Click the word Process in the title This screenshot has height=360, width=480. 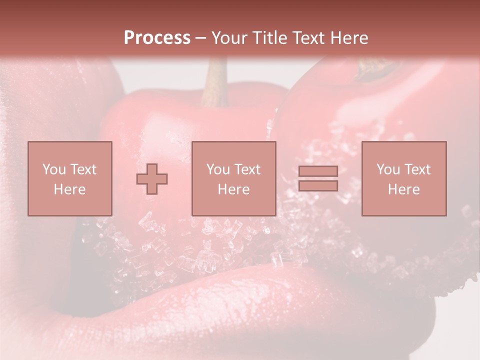click(157, 38)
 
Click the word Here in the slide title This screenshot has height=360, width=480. click(350, 38)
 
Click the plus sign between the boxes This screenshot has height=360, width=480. click(152, 179)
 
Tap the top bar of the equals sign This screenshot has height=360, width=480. click(318, 171)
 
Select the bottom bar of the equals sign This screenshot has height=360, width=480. click(318, 186)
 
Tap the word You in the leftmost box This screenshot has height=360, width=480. click(53, 169)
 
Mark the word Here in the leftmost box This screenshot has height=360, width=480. click(69, 189)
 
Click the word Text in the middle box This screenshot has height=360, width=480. click(247, 169)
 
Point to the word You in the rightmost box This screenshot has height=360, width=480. click(387, 169)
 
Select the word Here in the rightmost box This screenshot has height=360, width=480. click(403, 189)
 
